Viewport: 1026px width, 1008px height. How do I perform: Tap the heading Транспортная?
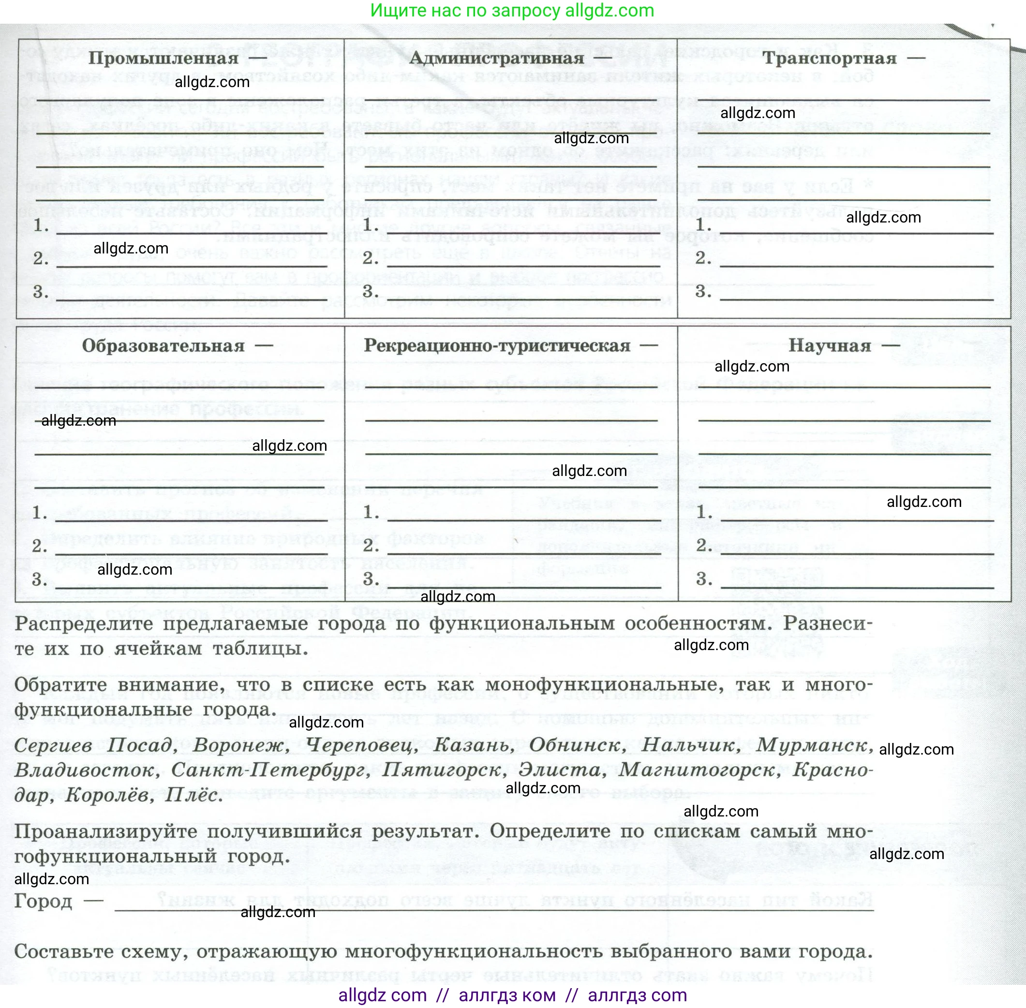coord(829,58)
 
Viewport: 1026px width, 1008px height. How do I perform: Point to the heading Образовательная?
coord(163,346)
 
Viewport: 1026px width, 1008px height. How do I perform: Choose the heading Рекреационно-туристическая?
coord(497,346)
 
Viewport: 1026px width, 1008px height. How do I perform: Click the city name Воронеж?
coord(241,745)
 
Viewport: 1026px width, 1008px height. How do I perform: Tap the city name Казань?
coord(473,745)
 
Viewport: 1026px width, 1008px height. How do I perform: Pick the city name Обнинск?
coord(576,745)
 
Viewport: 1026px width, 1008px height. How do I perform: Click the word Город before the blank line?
coord(43,901)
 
